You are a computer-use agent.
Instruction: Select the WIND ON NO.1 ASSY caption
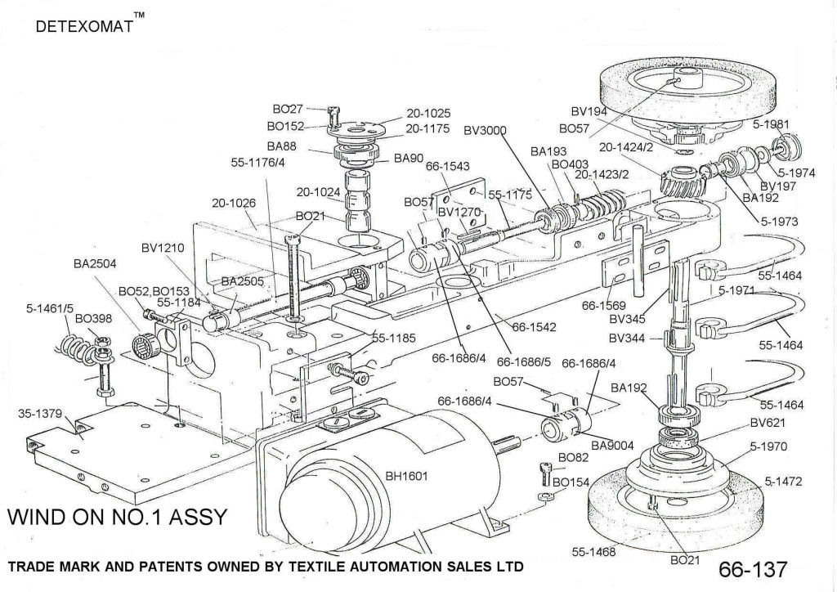(116, 518)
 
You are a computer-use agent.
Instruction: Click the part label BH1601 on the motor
(408, 476)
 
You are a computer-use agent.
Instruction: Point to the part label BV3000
(486, 130)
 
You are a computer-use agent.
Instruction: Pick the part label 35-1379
(40, 412)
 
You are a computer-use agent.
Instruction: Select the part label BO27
(288, 108)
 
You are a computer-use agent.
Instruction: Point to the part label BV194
(589, 111)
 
